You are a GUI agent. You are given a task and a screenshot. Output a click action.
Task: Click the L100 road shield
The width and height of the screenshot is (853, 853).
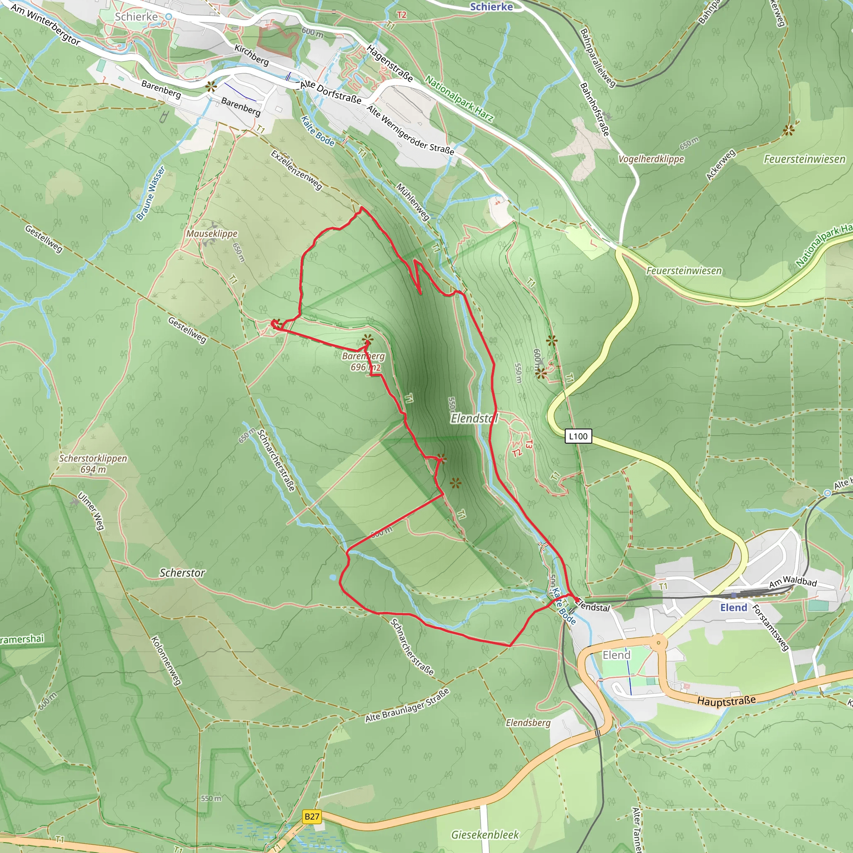coord(578,436)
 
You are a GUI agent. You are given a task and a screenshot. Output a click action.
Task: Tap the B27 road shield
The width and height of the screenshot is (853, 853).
coord(312,816)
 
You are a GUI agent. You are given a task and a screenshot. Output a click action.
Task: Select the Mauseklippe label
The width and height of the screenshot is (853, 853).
coord(212,233)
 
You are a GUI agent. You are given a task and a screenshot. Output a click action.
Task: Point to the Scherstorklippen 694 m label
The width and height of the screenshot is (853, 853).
coord(93,464)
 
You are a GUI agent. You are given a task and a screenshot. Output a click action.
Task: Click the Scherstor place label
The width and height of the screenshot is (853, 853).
coord(182,573)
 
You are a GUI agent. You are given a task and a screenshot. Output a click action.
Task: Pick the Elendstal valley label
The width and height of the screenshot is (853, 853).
coord(474,418)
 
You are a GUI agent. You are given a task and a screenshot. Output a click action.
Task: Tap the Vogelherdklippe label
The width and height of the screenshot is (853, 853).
coord(651,159)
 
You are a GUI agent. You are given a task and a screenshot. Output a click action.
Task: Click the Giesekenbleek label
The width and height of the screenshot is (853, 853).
coord(485,834)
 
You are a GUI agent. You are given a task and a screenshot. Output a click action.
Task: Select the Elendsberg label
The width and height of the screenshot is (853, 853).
coord(528,722)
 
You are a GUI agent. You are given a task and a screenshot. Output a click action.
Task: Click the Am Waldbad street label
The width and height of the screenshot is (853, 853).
coord(793,582)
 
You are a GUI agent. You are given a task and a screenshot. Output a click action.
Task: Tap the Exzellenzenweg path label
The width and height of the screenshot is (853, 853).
coord(296,170)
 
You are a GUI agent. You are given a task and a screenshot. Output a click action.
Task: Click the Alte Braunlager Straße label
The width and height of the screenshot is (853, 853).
coord(407,706)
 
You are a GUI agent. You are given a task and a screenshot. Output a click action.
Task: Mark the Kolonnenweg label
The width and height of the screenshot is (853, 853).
coord(166,661)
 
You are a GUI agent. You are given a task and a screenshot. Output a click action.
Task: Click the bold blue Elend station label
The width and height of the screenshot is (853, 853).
coord(733,608)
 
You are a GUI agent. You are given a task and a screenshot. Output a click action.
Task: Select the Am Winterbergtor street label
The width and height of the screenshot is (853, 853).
coord(45,25)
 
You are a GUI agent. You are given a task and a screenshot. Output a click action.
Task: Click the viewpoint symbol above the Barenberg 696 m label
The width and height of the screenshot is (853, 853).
coord(367,339)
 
